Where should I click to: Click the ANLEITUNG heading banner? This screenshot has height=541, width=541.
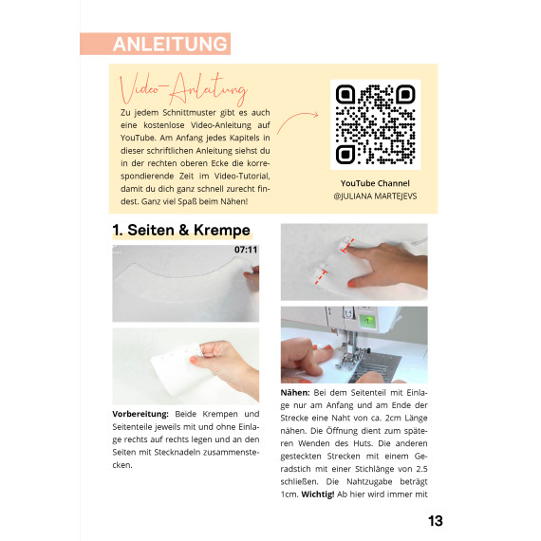click(156, 44)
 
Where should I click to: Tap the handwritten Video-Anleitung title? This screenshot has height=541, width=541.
click(183, 89)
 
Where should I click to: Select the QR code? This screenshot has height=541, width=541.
click(376, 124)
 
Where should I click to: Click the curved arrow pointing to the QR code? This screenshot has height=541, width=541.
click(297, 121)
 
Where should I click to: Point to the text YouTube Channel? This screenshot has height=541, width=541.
click(375, 183)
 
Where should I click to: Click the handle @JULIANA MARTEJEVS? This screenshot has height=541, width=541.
click(375, 196)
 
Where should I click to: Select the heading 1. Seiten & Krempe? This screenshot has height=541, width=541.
click(181, 230)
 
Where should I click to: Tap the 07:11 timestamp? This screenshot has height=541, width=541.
click(246, 250)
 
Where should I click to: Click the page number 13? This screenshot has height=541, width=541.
click(436, 521)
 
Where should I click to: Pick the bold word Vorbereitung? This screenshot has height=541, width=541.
click(140, 414)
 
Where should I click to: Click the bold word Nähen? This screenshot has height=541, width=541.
click(295, 393)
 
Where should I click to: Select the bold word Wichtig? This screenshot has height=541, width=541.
click(318, 494)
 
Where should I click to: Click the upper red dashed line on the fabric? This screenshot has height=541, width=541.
click(347, 245)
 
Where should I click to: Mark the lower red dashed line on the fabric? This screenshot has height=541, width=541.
click(321, 277)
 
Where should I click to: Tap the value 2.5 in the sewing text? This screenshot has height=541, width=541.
click(421, 469)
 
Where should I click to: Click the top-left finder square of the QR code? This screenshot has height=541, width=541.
click(345, 95)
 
